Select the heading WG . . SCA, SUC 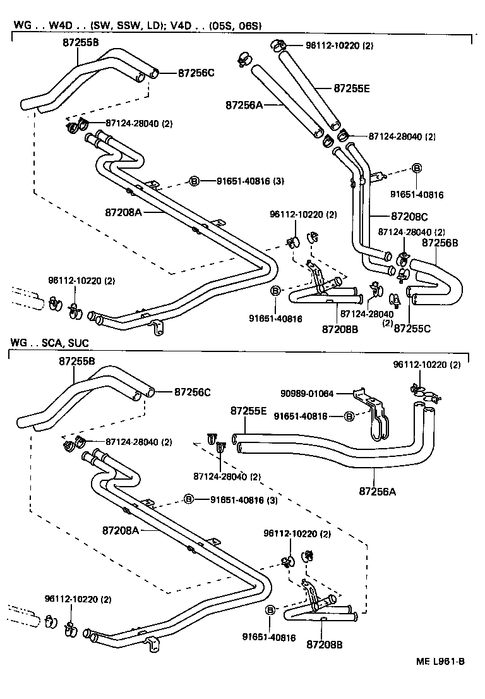pyautogui.click(x=49, y=343)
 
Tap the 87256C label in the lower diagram pyautogui.click(x=192, y=392)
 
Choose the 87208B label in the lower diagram pyautogui.click(x=324, y=645)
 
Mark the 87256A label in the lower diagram pyautogui.click(x=377, y=490)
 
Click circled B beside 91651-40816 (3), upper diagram pyautogui.click(x=195, y=181)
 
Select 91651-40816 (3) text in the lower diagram pyautogui.click(x=242, y=499)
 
